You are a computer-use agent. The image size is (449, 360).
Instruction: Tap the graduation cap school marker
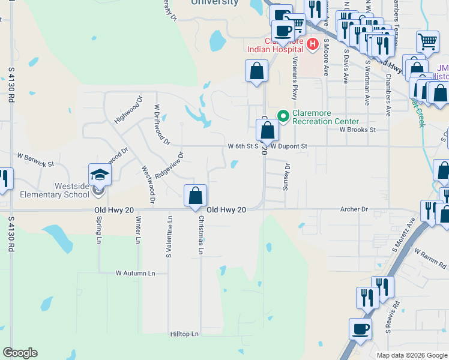100,175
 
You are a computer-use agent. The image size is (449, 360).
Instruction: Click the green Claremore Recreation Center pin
283,116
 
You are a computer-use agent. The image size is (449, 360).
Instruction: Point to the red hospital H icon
312,43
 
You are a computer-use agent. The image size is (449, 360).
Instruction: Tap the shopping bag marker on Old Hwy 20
195,196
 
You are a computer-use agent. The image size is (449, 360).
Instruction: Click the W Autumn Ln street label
136,273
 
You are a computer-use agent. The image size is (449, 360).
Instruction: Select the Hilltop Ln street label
184,334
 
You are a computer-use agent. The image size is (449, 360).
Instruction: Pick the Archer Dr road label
354,209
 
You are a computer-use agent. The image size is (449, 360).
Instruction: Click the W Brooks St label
357,129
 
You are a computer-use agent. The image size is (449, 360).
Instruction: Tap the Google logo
20,353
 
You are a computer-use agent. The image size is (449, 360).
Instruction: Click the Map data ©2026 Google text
412,355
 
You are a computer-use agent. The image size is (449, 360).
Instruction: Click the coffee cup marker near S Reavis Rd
360,329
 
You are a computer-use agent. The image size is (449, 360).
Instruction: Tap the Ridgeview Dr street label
169,166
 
